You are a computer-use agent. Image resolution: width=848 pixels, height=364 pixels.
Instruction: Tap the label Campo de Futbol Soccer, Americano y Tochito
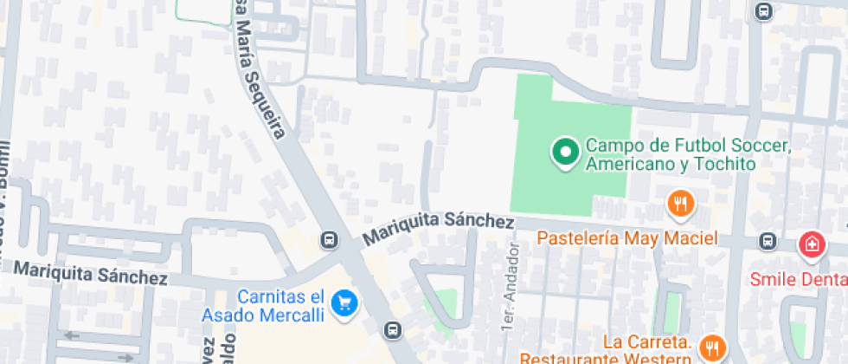[x=688, y=154]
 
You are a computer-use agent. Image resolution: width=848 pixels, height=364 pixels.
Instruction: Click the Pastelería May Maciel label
[x=626, y=237]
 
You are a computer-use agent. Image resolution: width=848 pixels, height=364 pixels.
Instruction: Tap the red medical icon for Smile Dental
[x=812, y=244]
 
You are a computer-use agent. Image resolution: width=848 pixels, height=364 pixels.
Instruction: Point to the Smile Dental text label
[x=798, y=279]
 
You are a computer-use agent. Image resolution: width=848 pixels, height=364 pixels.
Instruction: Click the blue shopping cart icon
[x=345, y=302]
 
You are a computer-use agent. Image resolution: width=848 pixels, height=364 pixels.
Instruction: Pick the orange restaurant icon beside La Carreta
[x=712, y=348]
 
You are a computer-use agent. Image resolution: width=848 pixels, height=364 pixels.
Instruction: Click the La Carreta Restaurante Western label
[x=605, y=348]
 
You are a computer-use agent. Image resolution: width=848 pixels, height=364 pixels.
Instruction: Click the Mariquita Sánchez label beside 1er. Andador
[x=439, y=228]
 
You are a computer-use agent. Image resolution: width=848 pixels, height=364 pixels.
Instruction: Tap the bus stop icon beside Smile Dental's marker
[x=767, y=241]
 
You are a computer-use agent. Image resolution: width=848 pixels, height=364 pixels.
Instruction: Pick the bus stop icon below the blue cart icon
[x=393, y=329]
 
